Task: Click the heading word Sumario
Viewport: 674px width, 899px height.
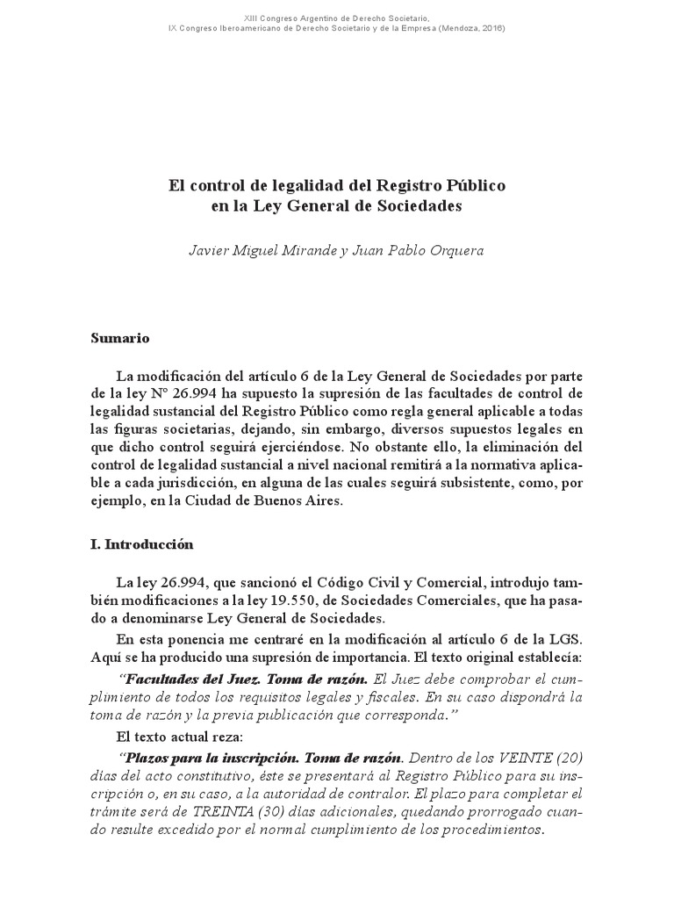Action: tap(120, 338)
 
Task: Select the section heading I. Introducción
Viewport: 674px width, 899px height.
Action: tap(140, 544)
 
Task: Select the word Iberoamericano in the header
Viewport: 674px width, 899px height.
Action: tap(242, 28)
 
